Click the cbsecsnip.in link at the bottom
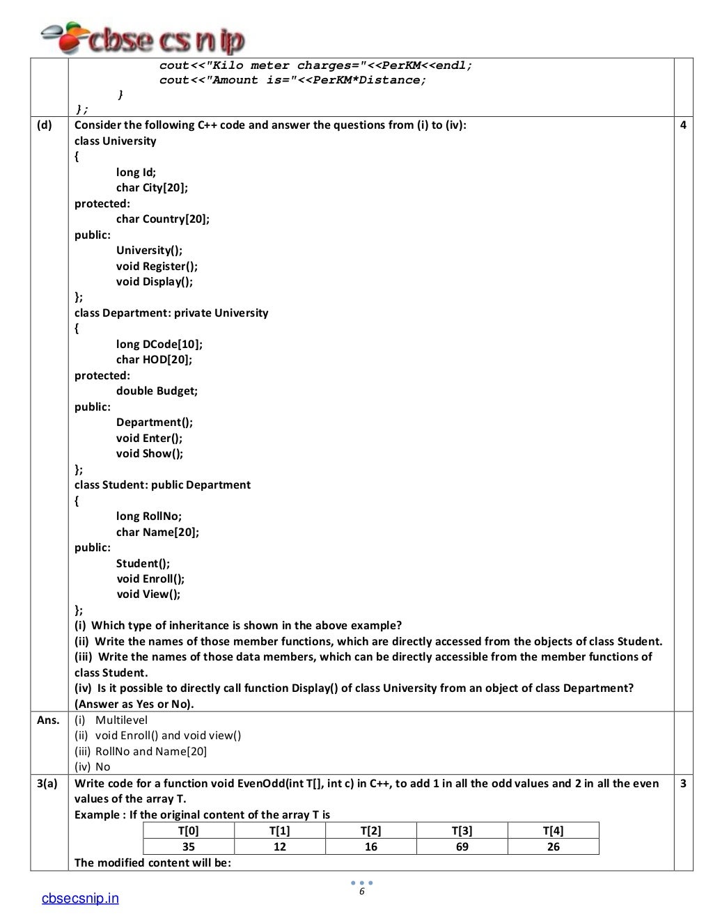pyautogui.click(x=80, y=899)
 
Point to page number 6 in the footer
pyautogui.click(x=361, y=892)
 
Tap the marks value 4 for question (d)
pyautogui.click(x=683, y=125)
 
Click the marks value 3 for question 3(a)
pyautogui.click(x=683, y=784)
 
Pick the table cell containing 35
pyautogui.click(x=188, y=846)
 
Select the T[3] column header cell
pyautogui.click(x=462, y=830)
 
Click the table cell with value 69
pyautogui.click(x=462, y=846)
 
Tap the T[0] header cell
pyautogui.click(x=188, y=830)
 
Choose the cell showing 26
pyautogui.click(x=553, y=846)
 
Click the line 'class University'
pyautogui.click(x=116, y=141)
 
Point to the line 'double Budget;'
pyautogui.click(x=157, y=391)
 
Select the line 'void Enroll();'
pyautogui.click(x=150, y=579)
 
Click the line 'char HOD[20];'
pyautogui.click(x=154, y=360)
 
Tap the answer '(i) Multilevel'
pyautogui.click(x=111, y=720)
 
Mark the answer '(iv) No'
pyautogui.click(x=93, y=767)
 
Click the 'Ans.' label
pyautogui.click(x=48, y=720)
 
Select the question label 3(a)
pyautogui.click(x=47, y=784)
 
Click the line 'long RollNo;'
pyautogui.click(x=149, y=516)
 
